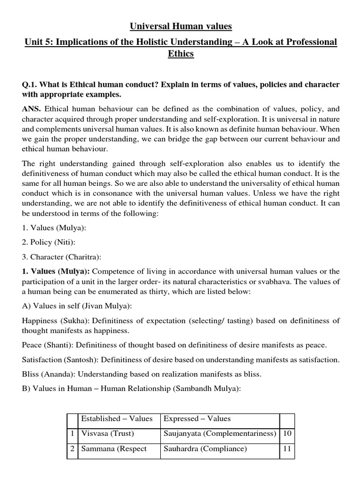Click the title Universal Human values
[181, 25]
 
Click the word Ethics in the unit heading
[181, 54]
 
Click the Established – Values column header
[117, 418]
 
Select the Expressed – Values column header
[197, 418]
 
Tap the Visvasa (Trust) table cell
[108, 433]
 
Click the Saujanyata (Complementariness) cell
[219, 433]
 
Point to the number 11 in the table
[287, 449]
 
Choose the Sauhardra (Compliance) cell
[205, 449]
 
